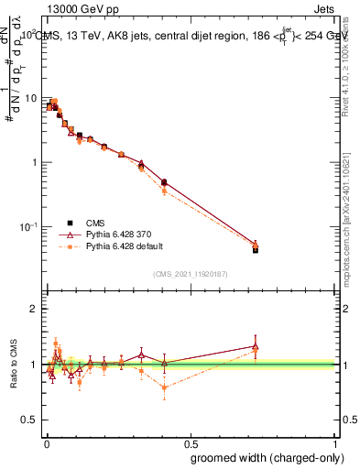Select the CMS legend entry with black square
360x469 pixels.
pos(94,223)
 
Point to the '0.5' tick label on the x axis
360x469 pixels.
pos(191,442)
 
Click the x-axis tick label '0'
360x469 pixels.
pos(45,442)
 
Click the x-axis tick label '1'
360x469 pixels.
pos(336,442)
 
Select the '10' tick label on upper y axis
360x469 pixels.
pos(30,98)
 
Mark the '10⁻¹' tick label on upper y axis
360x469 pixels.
pos(28,226)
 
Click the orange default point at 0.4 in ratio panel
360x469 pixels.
pos(164,387)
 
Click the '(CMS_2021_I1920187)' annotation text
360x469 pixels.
pos(191,273)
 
